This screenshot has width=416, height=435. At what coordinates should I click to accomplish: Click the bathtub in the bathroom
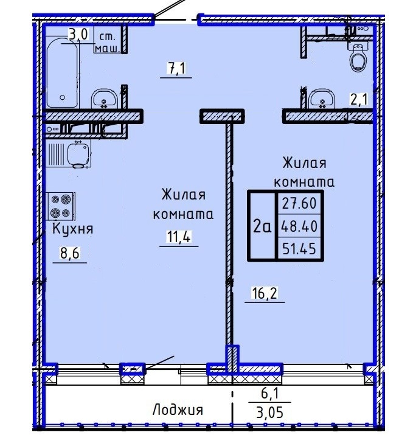pos(62,73)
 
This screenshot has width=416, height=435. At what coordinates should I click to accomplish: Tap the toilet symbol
pos(358,57)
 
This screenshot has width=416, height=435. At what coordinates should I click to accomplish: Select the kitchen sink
pos(79,155)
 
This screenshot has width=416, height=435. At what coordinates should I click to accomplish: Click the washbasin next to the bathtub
pos(104,98)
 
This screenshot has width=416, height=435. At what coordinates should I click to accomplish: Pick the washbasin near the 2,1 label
pos(322,99)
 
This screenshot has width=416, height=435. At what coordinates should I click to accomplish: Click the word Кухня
pos(72,229)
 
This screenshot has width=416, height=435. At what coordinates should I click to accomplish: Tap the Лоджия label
pos(178,410)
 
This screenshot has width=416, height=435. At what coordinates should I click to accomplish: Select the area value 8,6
pos(69,253)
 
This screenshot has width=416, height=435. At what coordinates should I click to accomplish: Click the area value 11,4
pos(179,237)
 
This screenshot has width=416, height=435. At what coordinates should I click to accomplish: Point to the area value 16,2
pos(265,293)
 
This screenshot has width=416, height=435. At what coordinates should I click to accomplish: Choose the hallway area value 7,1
pos(176,68)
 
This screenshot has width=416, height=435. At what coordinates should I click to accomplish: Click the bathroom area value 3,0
pos(78,35)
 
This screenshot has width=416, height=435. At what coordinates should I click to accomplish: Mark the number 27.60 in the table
pos(299,203)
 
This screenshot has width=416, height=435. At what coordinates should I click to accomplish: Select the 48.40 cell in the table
pos(299,226)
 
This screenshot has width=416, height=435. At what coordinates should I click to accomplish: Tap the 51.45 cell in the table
pos(299,249)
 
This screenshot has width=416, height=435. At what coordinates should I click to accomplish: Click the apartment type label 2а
pos(262,227)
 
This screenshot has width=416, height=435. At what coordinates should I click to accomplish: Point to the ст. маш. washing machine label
pos(108,43)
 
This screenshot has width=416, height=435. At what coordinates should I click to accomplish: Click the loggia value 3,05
pos(270,413)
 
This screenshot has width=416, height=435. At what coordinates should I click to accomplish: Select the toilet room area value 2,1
pos(359,99)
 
